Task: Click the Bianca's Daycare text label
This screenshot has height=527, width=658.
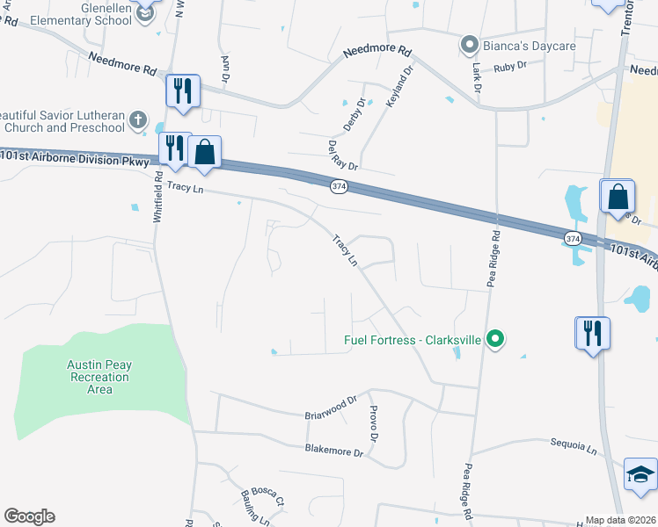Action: tap(526, 45)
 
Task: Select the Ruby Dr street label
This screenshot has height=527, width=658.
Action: tap(509, 66)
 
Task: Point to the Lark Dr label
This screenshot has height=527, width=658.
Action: tap(477, 77)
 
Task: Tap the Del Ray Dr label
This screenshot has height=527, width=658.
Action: tap(342, 155)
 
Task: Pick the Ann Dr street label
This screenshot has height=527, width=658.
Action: tap(226, 69)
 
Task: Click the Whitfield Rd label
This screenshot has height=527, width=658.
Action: tap(158, 196)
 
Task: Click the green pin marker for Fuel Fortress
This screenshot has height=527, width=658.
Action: tap(495, 338)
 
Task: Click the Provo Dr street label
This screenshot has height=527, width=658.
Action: tap(374, 425)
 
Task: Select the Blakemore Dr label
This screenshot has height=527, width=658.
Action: tap(333, 451)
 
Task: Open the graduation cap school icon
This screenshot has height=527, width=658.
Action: tap(641, 475)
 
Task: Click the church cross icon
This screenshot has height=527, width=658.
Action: tap(137, 119)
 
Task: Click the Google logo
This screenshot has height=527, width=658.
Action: tap(29, 516)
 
